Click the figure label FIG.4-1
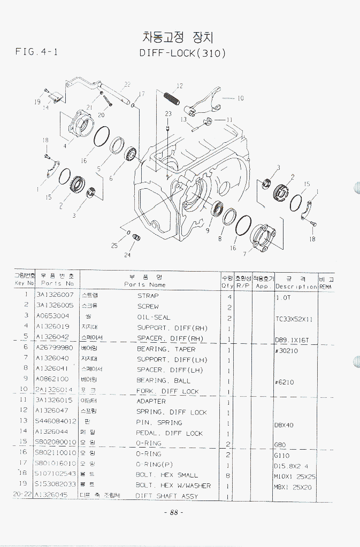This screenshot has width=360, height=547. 36,52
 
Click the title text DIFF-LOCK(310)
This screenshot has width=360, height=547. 182,53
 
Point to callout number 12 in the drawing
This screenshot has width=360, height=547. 179,86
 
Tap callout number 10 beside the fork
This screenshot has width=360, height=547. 240,98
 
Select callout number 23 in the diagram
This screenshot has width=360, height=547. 168,114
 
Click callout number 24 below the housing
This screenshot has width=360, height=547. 127,255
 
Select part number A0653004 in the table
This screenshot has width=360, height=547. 52,316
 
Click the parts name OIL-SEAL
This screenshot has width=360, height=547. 154,317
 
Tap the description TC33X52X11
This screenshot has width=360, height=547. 294,319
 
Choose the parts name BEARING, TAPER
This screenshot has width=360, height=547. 166,349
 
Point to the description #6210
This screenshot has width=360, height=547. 284,382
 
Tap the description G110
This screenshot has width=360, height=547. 281,456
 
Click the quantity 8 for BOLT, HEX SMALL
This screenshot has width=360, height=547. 228,475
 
